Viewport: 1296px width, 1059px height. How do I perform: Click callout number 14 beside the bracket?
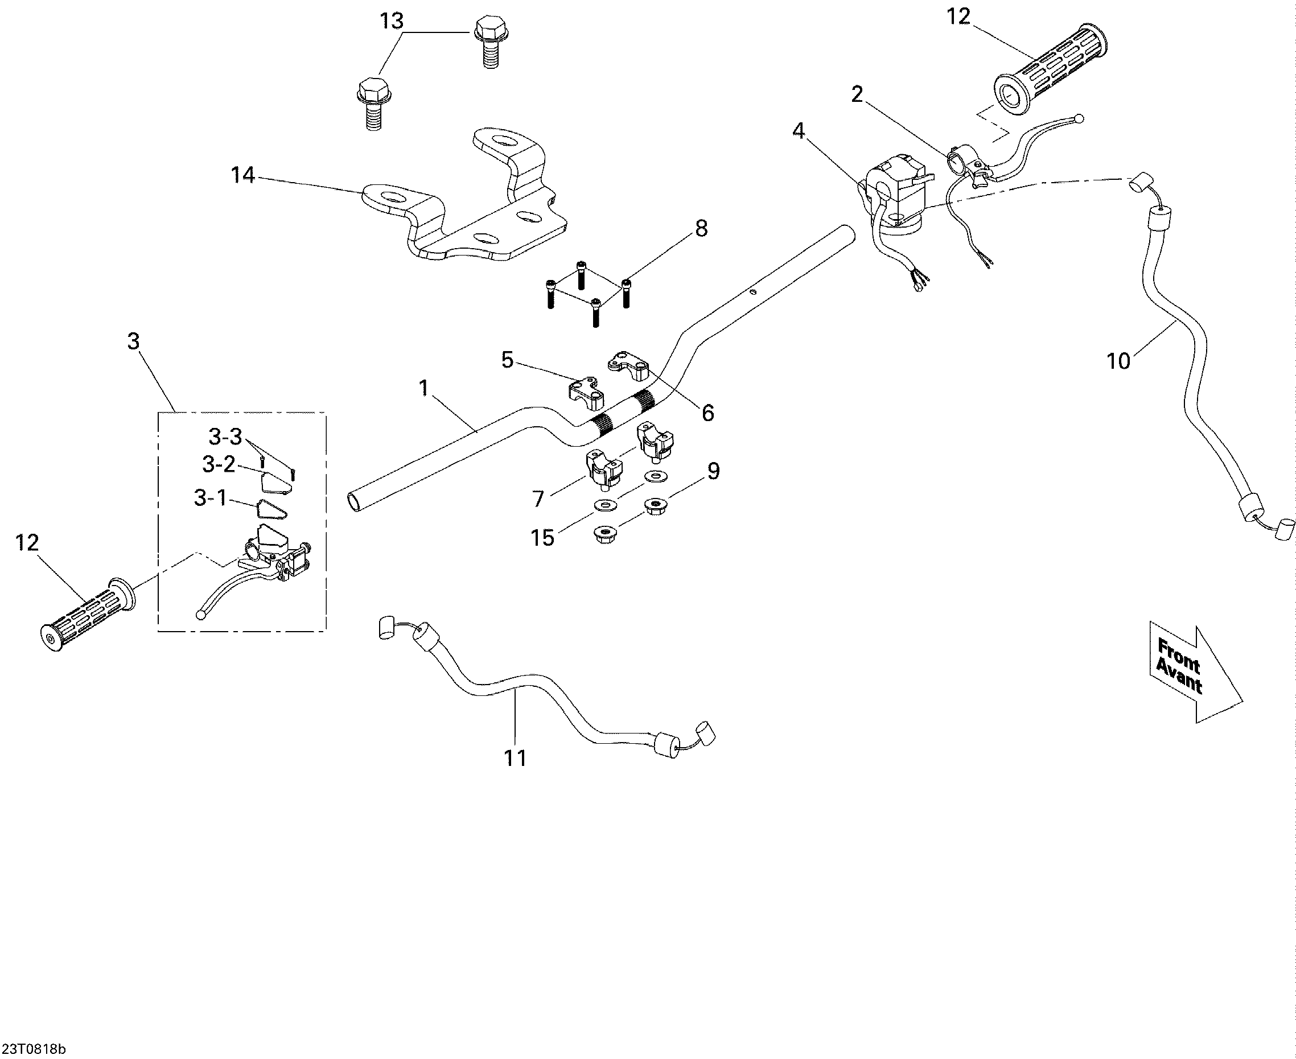(243, 176)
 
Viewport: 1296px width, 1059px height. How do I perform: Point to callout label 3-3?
(226, 437)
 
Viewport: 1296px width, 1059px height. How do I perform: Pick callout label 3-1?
(211, 498)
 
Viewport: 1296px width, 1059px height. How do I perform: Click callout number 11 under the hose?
(515, 759)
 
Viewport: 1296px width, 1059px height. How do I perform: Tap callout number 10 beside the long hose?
(1118, 362)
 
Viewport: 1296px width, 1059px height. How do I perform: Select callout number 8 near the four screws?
(702, 229)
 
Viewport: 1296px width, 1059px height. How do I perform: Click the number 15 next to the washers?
(542, 538)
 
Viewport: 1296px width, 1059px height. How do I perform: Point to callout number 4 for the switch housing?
(799, 130)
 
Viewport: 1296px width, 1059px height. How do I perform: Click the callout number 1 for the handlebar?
(424, 388)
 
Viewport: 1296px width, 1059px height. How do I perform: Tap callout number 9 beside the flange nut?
(713, 471)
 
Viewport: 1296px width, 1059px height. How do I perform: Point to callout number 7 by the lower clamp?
(537, 500)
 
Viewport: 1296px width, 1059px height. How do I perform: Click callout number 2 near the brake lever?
(857, 94)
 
